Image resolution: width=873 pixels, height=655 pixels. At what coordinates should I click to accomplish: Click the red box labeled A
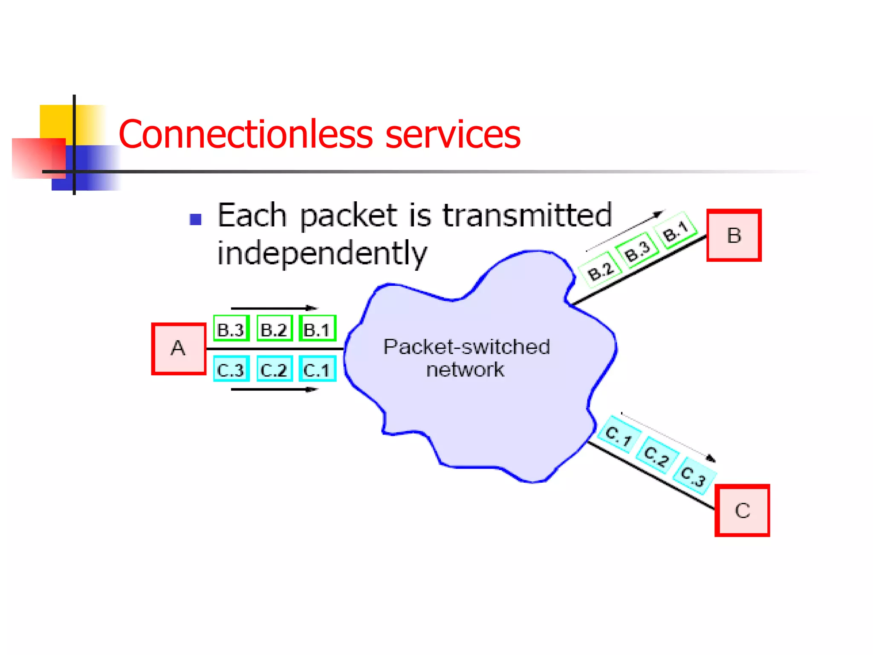[x=179, y=349]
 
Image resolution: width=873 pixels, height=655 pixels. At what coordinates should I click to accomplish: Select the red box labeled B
[x=734, y=235]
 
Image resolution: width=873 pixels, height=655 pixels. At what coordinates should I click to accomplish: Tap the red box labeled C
[x=742, y=510]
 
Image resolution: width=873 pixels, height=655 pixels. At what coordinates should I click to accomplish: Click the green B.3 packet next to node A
[x=231, y=329]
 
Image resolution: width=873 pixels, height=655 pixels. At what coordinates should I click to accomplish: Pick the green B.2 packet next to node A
[x=275, y=329]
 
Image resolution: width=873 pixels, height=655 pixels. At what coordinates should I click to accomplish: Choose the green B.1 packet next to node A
[x=318, y=329]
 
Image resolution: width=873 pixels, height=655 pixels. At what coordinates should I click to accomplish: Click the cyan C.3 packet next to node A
[x=231, y=369]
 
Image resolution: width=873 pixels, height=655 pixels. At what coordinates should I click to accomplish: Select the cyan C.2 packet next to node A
[x=275, y=369]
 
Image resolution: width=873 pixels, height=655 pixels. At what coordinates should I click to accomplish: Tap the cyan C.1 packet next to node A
[x=318, y=369]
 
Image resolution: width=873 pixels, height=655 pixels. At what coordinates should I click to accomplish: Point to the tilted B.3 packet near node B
[x=638, y=251]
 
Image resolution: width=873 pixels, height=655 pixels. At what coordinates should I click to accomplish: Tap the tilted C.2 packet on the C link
[x=657, y=455]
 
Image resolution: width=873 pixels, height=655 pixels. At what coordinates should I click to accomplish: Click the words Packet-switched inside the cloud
[x=466, y=347]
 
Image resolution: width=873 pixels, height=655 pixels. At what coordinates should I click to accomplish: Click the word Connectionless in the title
[x=246, y=134]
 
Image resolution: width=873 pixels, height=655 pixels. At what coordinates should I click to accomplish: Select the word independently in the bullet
[x=322, y=253]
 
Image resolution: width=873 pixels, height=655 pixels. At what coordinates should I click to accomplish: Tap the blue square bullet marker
[x=196, y=220]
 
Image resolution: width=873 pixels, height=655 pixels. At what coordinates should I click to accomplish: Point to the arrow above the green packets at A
[x=275, y=308]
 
